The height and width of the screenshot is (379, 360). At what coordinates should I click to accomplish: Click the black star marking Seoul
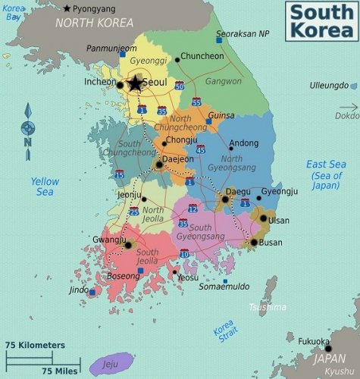coord(135,83)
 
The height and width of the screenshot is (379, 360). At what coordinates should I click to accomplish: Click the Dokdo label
coord(346,116)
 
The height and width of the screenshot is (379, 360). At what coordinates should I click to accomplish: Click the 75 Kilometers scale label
coord(35,345)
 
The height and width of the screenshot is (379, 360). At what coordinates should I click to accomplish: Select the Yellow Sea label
coord(45,186)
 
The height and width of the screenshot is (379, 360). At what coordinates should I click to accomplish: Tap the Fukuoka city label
coord(312,341)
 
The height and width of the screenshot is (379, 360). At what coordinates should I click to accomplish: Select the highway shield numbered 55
coord(196,102)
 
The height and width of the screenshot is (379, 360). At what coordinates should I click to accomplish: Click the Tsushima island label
coord(268,307)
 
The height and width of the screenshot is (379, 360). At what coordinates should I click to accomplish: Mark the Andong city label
coord(243,143)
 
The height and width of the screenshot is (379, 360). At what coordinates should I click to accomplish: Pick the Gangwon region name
coord(224,80)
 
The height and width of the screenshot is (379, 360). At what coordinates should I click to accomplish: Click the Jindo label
coord(79,290)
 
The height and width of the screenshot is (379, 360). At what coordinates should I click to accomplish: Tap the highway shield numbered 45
coord(200,150)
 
